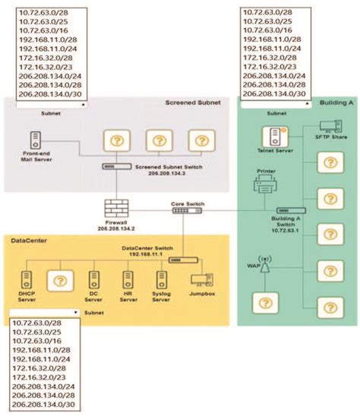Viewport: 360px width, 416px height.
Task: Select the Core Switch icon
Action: [x=182, y=210]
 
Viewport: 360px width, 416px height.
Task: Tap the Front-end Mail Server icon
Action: [x=36, y=140]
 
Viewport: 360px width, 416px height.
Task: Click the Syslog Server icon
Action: [x=159, y=279]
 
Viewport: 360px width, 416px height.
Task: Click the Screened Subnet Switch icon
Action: [x=116, y=167]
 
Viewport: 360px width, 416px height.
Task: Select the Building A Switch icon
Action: [x=291, y=210]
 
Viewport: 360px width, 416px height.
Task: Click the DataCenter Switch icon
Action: [x=182, y=260]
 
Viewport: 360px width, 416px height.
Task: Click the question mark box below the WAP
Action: [x=264, y=304]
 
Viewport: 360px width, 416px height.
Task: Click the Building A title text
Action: [x=335, y=102]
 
